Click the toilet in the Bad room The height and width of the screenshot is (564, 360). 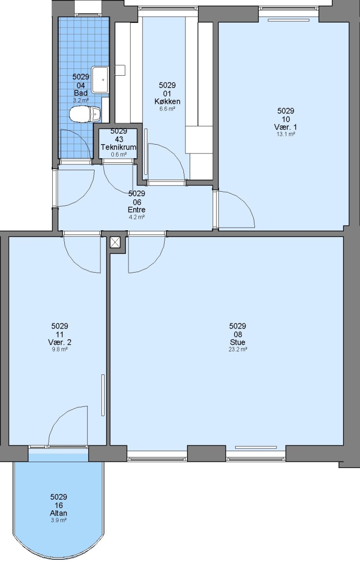coord(85,114)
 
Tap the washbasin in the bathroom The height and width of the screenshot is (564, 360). coord(100,79)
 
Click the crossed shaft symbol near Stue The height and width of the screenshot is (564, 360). coord(115,242)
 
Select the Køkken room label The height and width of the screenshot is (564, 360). coord(167,101)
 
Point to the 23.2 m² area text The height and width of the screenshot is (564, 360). coord(238,349)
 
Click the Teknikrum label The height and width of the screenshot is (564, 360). coord(119,147)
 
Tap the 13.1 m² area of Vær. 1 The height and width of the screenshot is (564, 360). coord(286,134)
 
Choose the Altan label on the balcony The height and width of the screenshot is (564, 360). coord(59,513)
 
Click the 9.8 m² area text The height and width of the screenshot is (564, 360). coord(60,349)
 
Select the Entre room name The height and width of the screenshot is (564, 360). coord(137,210)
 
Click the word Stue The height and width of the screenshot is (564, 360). coord(238,342)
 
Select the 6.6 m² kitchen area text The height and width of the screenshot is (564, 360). coord(167,109)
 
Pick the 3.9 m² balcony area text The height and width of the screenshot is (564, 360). coord(59,520)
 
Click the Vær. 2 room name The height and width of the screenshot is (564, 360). coord(60,342)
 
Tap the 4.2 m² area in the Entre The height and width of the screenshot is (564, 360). coord(137,217)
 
